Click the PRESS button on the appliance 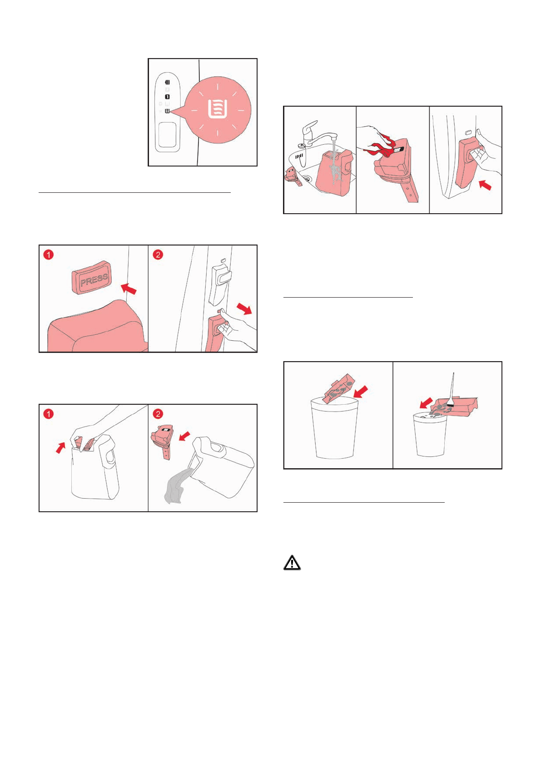(92, 277)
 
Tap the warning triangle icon (292, 563)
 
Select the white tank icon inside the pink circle (218, 109)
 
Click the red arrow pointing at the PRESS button (129, 288)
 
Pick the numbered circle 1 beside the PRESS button (49, 255)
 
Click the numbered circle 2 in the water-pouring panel (158, 414)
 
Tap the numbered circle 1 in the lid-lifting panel (49, 414)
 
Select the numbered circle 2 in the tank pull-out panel (158, 255)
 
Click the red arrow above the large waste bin (361, 392)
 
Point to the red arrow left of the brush (427, 403)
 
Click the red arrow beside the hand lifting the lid (61, 448)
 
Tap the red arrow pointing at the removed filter (185, 436)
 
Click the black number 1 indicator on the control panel (167, 97)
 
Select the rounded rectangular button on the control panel (167, 135)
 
